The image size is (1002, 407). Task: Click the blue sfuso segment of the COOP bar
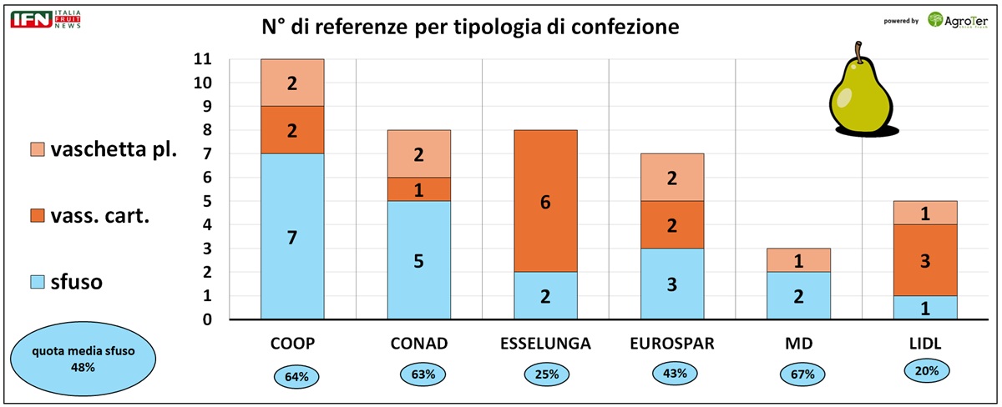pyautogui.click(x=292, y=237)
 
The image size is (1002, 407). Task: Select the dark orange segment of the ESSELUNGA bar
pyautogui.click(x=545, y=201)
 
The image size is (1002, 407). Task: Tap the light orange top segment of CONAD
pyautogui.click(x=419, y=153)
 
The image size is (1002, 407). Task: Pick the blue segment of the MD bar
pyautogui.click(x=799, y=295)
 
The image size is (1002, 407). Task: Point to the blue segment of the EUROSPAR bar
pyautogui.click(x=672, y=284)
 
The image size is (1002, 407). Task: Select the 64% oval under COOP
pyautogui.click(x=296, y=376)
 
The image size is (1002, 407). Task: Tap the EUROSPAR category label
pyautogui.click(x=671, y=342)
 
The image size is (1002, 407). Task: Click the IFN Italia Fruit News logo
pyautogui.click(x=46, y=20)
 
